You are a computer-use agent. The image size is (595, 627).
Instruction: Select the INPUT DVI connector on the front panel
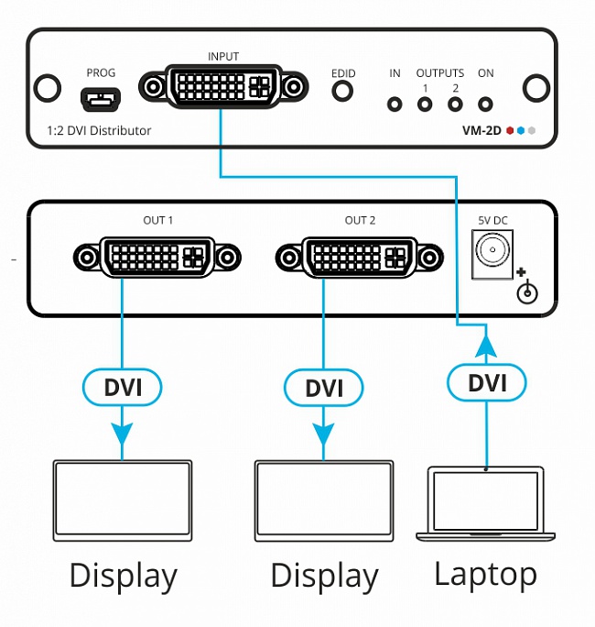coord(222,87)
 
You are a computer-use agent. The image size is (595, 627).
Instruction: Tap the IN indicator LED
coord(395,104)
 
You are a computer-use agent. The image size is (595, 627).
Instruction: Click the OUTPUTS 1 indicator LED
coord(425,104)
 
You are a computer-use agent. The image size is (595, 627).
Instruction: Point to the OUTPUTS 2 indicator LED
coord(455,104)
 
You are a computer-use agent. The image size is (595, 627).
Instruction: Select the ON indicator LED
coord(486,104)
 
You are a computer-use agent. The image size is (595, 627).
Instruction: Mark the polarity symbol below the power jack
coord(525,290)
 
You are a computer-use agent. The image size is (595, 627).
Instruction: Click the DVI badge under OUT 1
coord(123,386)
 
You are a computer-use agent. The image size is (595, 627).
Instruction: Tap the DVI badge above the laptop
coord(487,381)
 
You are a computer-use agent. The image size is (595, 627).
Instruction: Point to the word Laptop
coord(485,575)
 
